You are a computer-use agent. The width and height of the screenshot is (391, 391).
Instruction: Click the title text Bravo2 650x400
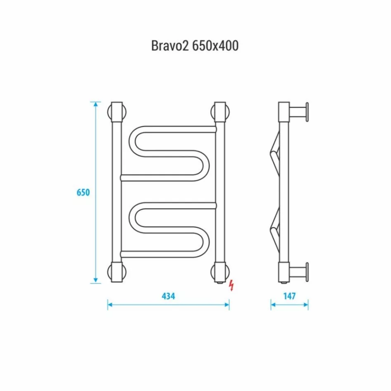(x=195, y=45)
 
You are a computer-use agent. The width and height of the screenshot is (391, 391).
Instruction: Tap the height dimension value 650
(x=83, y=193)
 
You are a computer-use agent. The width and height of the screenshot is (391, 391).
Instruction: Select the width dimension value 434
(x=168, y=296)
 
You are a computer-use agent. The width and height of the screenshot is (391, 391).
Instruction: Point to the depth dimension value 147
(x=290, y=296)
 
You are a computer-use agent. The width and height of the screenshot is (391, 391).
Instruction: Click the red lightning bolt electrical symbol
(x=231, y=285)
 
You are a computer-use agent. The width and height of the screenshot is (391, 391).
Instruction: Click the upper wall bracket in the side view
(x=299, y=112)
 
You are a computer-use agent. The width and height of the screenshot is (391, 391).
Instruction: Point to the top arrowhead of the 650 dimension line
(x=96, y=105)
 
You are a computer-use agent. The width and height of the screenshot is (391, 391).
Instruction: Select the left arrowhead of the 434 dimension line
(x=110, y=305)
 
